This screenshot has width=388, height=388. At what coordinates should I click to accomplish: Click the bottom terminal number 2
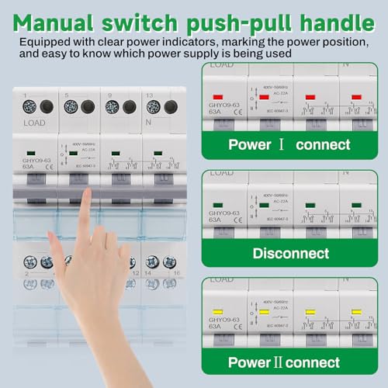[x=26, y=273]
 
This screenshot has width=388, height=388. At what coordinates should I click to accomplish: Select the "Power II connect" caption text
[x=284, y=362]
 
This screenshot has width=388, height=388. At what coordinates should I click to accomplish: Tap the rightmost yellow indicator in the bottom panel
[x=356, y=312]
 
